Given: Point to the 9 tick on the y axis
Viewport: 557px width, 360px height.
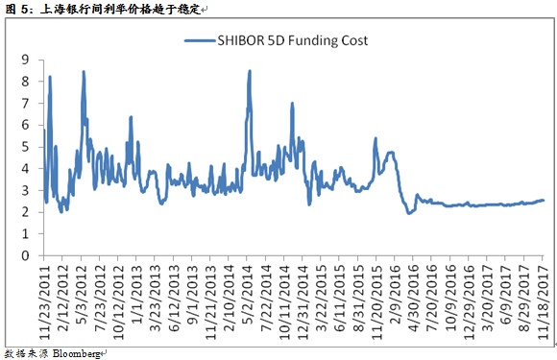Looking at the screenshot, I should (x=26, y=60).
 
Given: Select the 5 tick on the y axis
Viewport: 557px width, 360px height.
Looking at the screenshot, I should (x=26, y=147).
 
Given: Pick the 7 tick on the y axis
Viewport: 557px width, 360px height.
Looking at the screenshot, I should (x=26, y=104).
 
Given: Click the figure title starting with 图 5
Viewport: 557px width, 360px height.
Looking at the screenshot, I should (x=106, y=9).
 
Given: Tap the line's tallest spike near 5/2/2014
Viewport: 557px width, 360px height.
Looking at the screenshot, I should (x=250, y=70).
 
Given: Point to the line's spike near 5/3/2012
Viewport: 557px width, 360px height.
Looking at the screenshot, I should (x=84, y=72).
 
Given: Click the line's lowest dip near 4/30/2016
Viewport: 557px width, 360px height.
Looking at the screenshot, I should (x=410, y=213).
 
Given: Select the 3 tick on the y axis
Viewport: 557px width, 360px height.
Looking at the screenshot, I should (x=26, y=191).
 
